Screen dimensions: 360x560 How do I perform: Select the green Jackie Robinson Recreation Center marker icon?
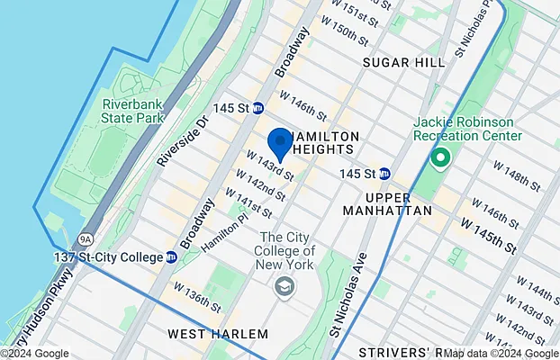440,159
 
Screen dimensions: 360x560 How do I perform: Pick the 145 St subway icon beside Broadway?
258,108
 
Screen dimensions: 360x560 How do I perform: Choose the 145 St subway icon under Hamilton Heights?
384,173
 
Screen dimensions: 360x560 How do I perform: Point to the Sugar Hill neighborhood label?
403,62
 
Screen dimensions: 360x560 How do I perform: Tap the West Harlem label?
218,334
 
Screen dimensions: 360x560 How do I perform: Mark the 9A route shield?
86,239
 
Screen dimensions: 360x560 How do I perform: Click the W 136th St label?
196,296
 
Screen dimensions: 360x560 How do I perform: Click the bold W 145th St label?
490,233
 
